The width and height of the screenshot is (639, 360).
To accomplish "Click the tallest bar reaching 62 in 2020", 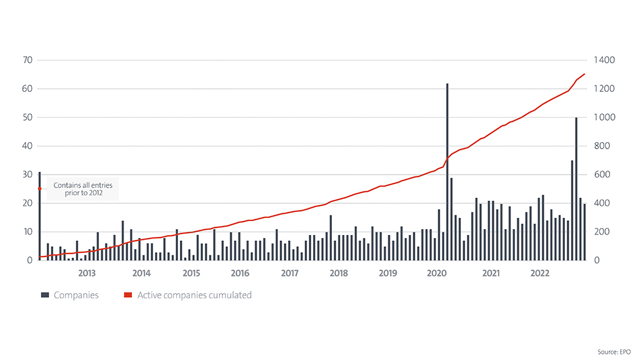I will (x=447, y=172).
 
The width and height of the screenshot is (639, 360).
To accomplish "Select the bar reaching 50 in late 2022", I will (x=576, y=189).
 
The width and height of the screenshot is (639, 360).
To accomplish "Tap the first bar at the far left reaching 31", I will (x=40, y=216).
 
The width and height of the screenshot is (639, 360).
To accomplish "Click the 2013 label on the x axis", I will (x=87, y=273).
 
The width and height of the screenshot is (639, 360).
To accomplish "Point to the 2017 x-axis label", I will (x=289, y=273).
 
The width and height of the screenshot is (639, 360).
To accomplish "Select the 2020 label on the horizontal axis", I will (x=437, y=273).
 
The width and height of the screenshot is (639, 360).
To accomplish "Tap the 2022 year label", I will (x=540, y=273).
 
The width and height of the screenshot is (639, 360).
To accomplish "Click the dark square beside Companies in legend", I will (x=44, y=295).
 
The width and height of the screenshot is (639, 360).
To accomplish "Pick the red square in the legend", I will (x=127, y=295).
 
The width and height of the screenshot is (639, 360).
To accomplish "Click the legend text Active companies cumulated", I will (x=194, y=295).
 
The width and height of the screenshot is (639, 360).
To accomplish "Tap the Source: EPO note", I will (x=614, y=352).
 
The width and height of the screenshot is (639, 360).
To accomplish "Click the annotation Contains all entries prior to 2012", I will (x=83, y=189).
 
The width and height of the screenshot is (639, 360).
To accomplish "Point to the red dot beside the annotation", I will (x=40, y=189).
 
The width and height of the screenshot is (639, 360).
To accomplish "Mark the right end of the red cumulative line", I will (x=585, y=74).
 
